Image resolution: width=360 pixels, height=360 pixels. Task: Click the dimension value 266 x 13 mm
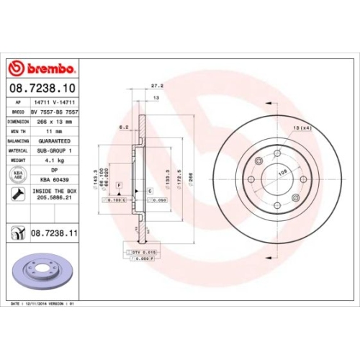coord(54,122)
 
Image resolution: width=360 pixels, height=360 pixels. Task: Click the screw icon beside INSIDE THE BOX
coord(15,193)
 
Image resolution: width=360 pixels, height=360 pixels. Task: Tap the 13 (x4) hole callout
coord(300,127)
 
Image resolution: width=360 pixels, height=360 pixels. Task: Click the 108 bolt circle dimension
coord(274,172)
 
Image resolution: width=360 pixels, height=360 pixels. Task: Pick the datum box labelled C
coord(149,191)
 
